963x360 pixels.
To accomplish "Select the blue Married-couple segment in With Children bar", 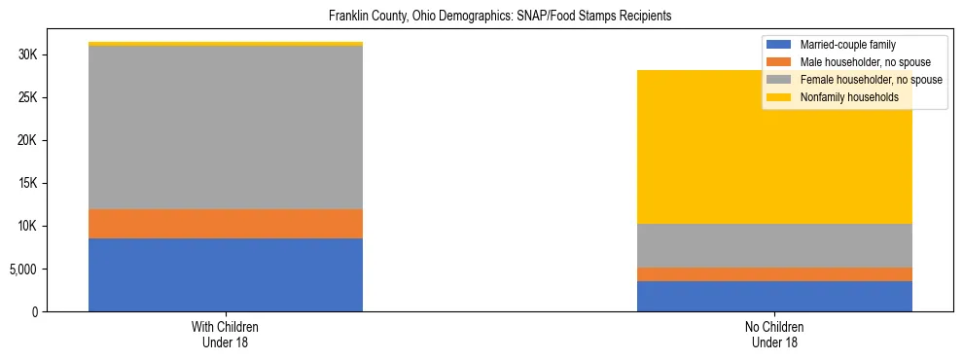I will coord(225,274).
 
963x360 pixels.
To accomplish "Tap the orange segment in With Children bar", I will coord(225,224).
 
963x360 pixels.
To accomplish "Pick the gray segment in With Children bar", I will coord(225,127).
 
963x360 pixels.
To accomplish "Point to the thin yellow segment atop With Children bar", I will coord(225,44).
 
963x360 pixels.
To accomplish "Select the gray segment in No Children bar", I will coord(774,245).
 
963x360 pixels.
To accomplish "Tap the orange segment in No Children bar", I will coord(774,274).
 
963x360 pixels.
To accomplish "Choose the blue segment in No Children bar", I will coord(774,296).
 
